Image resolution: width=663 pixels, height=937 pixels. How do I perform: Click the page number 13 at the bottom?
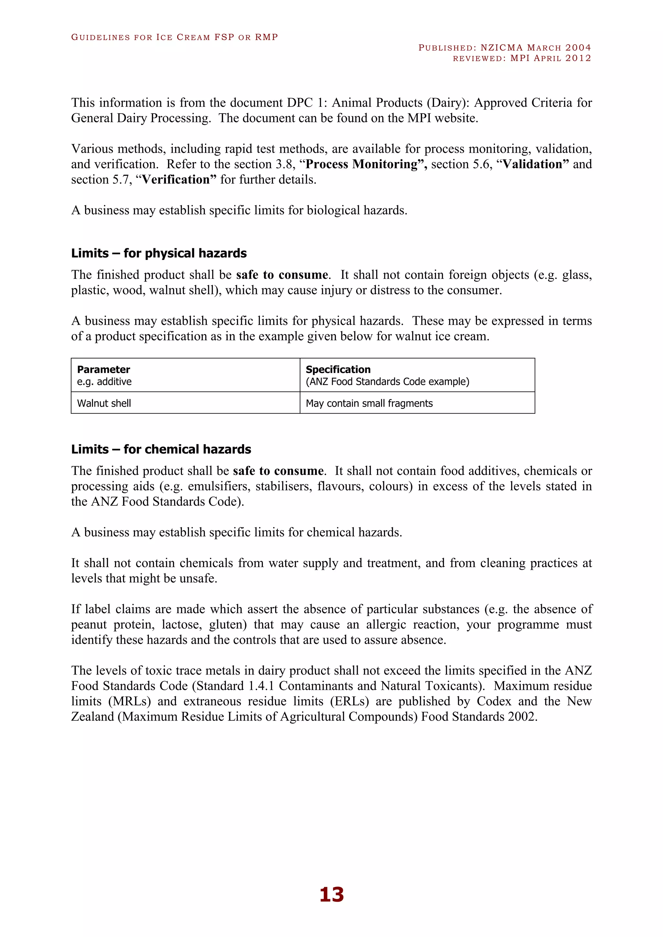[x=331, y=894]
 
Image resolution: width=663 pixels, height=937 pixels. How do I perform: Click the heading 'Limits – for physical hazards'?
[x=159, y=253]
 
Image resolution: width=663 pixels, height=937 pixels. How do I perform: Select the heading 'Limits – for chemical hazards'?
[x=161, y=449]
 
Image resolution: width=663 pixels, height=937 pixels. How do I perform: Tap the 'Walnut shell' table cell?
[x=104, y=403]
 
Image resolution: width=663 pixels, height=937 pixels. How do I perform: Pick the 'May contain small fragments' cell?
[x=369, y=403]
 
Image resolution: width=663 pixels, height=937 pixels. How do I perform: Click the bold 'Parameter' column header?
[x=103, y=369]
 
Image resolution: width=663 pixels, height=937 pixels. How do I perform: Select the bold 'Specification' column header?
[x=338, y=369]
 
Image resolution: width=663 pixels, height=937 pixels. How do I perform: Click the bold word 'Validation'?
[x=532, y=164]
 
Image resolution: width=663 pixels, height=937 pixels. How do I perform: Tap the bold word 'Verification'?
[x=175, y=180]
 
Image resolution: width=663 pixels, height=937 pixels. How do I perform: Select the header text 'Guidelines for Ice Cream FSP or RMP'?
[x=174, y=37]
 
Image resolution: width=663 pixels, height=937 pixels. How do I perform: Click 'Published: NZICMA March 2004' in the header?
[x=505, y=48]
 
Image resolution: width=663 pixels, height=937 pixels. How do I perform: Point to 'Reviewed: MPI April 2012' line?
[x=522, y=58]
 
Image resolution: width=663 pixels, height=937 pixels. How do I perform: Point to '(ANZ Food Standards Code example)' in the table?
[x=388, y=381]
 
